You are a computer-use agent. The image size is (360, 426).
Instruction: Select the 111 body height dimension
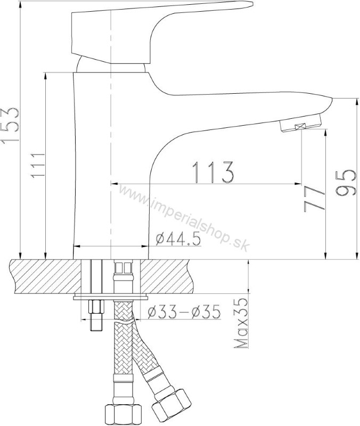tap(37, 166)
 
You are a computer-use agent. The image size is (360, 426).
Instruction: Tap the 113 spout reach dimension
tap(212, 172)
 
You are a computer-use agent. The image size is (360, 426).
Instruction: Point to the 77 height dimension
tap(314, 199)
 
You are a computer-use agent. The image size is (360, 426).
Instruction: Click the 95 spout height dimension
tap(346, 183)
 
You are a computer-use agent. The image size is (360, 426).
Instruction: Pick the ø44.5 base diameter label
tap(178, 239)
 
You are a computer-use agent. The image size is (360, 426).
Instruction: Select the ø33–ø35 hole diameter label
tap(184, 312)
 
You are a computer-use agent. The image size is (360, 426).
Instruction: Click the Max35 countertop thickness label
tap(241, 323)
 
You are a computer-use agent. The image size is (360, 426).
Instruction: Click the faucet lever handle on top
tap(152, 30)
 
